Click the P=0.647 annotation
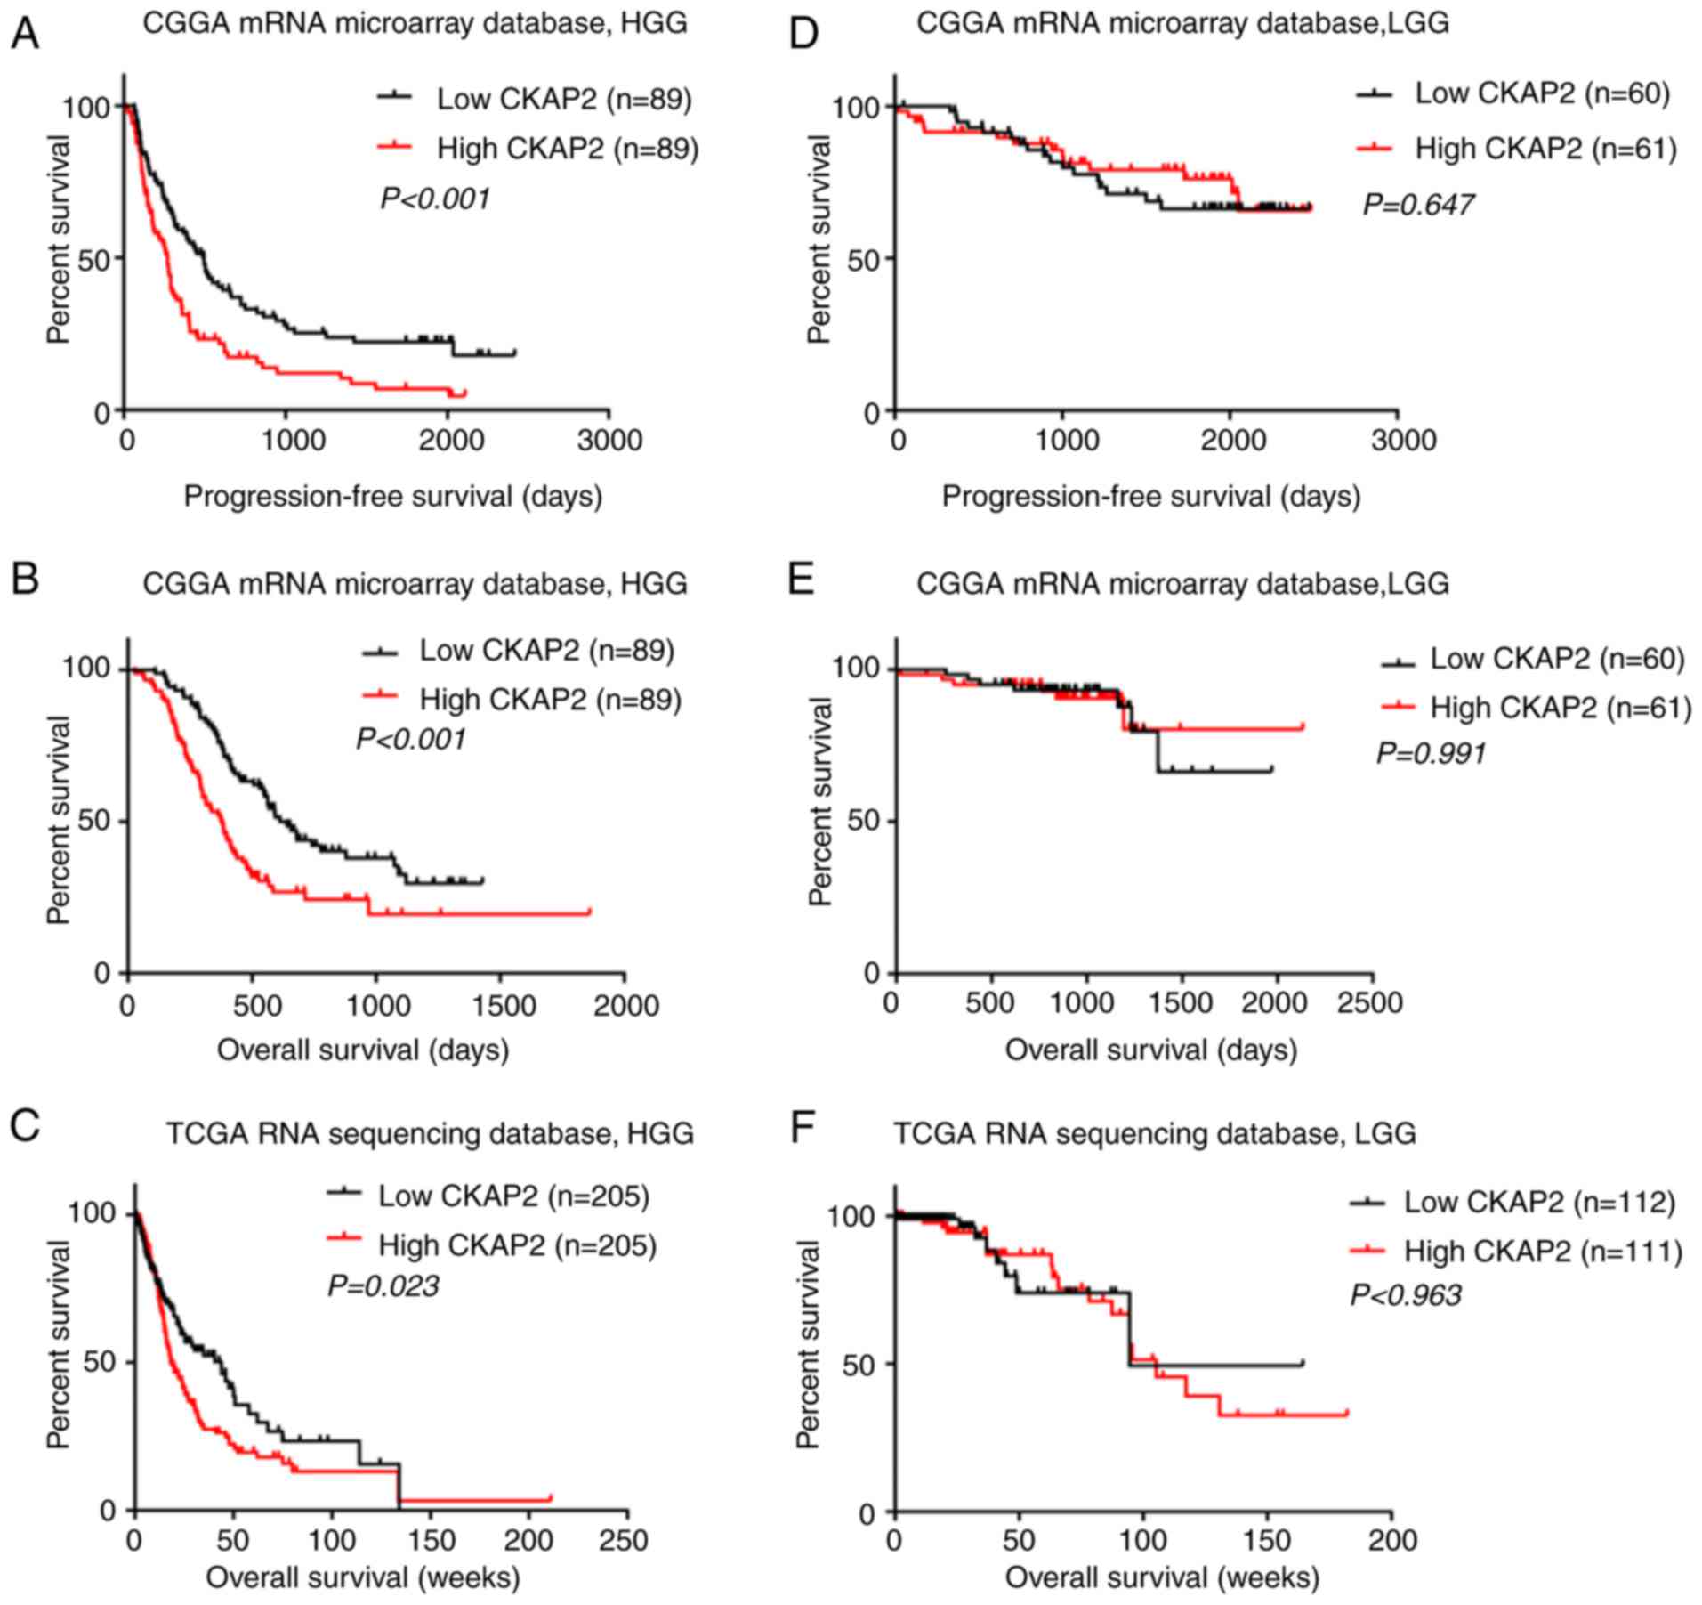click(1418, 205)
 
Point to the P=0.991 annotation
click(1431, 753)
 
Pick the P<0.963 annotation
click(1406, 1294)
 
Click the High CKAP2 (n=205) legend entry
click(517, 1244)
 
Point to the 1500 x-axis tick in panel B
click(500, 1006)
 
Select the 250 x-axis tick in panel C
click(624, 1540)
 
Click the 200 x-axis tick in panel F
click(1390, 1540)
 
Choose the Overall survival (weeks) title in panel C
click(363, 1578)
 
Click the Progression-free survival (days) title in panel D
click(1151, 496)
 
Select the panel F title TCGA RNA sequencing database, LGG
click(1154, 1133)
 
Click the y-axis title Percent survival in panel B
click(59, 820)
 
